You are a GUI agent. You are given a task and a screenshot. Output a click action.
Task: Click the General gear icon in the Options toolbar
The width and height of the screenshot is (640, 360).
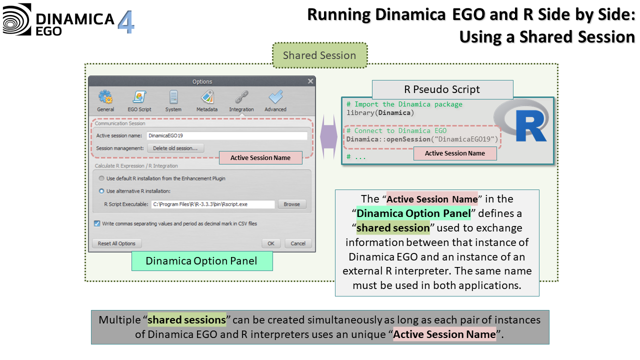pyautogui.click(x=105, y=97)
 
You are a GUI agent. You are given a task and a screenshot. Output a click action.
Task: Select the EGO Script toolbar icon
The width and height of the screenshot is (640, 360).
pyautogui.click(x=139, y=97)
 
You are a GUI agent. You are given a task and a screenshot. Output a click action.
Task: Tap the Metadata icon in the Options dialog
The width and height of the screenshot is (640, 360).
pyautogui.click(x=207, y=97)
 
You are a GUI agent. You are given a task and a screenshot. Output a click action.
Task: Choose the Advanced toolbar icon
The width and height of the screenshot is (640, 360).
pyautogui.click(x=275, y=97)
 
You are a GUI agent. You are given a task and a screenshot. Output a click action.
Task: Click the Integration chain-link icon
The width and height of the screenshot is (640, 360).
pyautogui.click(x=241, y=97)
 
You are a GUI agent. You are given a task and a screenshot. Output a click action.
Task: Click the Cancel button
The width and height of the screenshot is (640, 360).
pyautogui.click(x=298, y=243)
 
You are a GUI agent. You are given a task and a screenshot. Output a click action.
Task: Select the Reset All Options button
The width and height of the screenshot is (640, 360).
pyautogui.click(x=116, y=243)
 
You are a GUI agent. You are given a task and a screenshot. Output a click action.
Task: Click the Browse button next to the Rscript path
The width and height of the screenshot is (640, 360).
pyautogui.click(x=291, y=204)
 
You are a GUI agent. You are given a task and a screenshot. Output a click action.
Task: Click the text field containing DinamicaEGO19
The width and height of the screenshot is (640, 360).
pyautogui.click(x=226, y=135)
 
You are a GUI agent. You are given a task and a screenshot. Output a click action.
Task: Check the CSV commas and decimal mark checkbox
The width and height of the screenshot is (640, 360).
pyautogui.click(x=97, y=223)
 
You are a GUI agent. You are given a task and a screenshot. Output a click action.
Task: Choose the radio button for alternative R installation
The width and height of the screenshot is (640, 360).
pyautogui.click(x=101, y=191)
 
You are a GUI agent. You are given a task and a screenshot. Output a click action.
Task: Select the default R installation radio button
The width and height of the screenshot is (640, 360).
pyautogui.click(x=101, y=178)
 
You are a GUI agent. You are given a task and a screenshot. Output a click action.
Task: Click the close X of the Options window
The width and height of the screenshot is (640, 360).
pyautogui.click(x=310, y=81)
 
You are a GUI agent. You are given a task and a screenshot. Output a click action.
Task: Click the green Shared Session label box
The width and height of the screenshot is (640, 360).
pyautogui.click(x=319, y=55)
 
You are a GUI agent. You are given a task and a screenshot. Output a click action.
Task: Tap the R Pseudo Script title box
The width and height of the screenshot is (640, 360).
pyautogui.click(x=442, y=89)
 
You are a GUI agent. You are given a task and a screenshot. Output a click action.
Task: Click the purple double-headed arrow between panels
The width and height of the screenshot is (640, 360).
pyautogui.click(x=328, y=137)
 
